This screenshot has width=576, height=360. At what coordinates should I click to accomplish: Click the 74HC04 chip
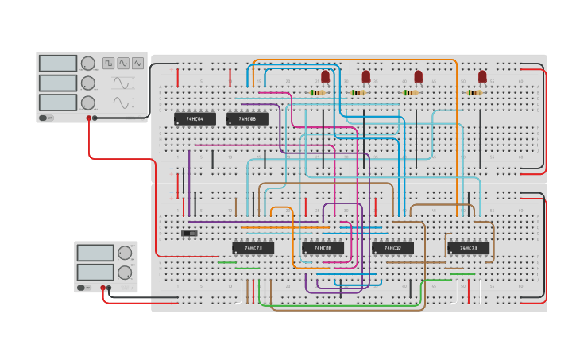coord(195,119)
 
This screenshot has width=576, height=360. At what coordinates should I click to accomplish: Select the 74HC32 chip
coord(392,248)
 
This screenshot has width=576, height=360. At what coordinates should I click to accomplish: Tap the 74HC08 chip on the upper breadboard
coord(247,119)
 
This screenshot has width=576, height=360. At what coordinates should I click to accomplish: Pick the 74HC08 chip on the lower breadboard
coord(323,248)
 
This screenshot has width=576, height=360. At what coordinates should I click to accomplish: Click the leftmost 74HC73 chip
coord(253,248)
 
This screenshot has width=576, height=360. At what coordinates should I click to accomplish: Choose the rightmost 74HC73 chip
coord(468,248)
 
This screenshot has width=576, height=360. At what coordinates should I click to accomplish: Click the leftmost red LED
coord(325,76)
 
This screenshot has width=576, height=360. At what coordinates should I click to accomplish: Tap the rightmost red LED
coord(482,76)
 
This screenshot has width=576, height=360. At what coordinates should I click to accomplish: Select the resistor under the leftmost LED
coord(318,93)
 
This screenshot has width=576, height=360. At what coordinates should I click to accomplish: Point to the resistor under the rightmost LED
coord(474,93)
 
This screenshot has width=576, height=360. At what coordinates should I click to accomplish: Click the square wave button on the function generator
coord(108,63)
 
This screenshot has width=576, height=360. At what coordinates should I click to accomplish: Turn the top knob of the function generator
coord(88,64)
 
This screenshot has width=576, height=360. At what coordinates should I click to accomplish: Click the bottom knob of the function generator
coord(88,103)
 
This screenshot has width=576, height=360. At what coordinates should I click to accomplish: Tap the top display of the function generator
coord(58,64)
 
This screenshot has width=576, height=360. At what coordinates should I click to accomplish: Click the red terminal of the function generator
coord(88,118)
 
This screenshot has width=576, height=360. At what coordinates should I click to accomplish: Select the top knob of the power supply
coord(125,253)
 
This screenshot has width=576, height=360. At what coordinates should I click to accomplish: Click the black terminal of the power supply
coord(109,288)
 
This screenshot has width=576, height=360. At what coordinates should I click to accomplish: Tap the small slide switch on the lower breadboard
coord(189,233)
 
